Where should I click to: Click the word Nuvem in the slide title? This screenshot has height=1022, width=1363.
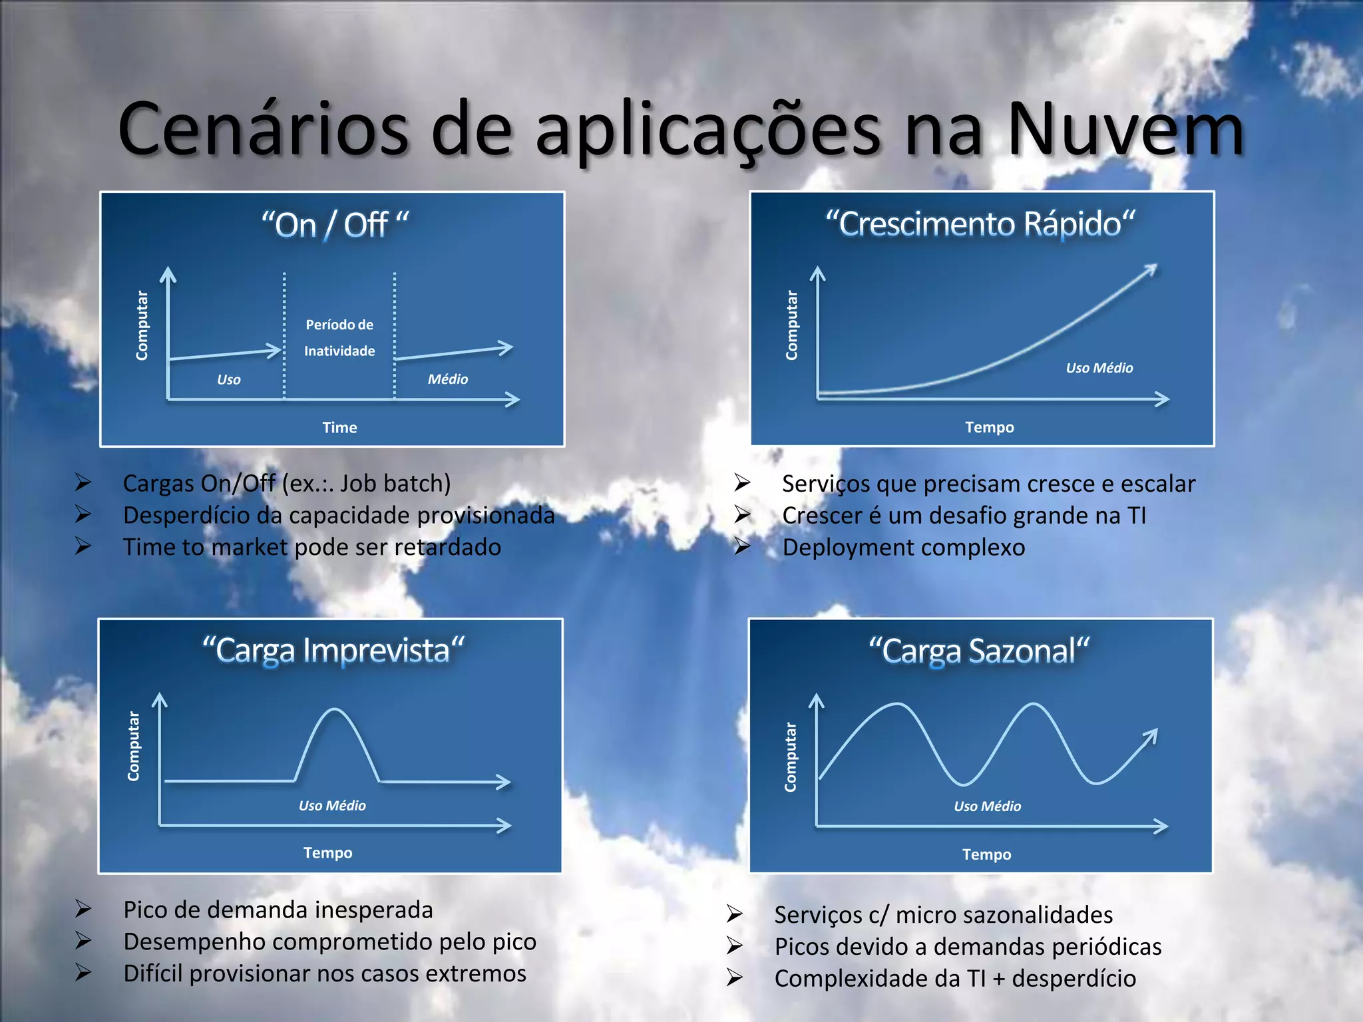click(1125, 130)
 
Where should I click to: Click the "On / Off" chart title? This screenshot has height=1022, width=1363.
click(335, 225)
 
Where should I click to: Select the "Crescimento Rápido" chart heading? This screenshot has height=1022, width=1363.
click(980, 224)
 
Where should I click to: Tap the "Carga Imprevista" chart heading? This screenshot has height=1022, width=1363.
click(333, 650)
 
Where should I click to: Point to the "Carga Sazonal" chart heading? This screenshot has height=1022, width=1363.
click(979, 651)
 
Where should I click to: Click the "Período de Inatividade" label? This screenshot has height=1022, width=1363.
click(339, 337)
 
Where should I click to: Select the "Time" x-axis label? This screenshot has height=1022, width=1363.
click(339, 427)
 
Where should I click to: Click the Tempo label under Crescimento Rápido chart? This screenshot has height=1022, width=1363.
click(990, 427)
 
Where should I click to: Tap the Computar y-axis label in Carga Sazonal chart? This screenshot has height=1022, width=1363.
click(791, 757)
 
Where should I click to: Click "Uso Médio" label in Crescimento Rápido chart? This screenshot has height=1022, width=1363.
click(1099, 368)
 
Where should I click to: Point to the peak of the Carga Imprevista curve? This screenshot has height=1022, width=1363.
click(334, 711)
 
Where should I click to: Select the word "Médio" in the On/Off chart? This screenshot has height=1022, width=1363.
click(448, 379)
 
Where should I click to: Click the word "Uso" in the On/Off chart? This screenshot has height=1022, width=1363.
click(229, 380)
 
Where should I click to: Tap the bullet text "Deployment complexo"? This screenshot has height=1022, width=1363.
click(903, 548)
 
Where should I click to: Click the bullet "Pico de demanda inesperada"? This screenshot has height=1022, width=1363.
click(278, 910)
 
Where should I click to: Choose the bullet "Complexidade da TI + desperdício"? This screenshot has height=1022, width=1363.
click(955, 979)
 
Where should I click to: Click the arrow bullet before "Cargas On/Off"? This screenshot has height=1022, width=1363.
click(83, 482)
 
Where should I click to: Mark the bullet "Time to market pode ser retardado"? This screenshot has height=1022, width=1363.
click(312, 547)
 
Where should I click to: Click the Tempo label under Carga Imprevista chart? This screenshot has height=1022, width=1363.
click(328, 853)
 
